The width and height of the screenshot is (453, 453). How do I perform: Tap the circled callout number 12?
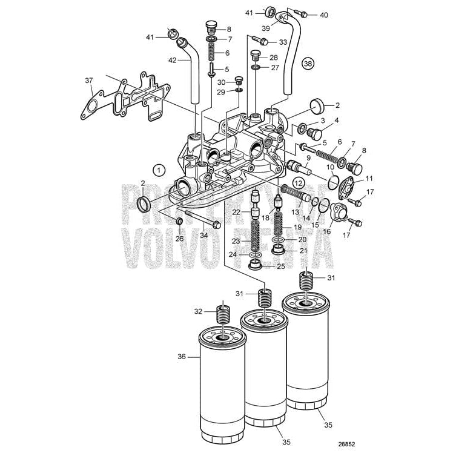[298, 182]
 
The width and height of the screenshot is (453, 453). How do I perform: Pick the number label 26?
[179, 238]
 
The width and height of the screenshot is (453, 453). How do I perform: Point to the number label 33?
[283, 42]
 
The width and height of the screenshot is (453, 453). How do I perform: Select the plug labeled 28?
[256, 57]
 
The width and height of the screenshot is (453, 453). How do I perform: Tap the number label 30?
[222, 82]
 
